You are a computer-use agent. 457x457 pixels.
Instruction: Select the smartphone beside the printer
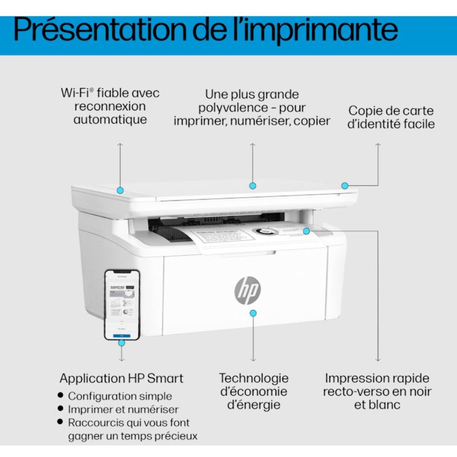[x=122, y=304]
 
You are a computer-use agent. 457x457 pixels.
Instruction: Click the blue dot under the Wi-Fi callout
[x=120, y=190]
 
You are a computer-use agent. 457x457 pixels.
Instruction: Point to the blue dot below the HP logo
[x=253, y=313]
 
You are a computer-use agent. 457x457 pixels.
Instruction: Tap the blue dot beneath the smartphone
[x=122, y=343]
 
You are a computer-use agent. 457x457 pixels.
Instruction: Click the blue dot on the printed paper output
[x=306, y=231]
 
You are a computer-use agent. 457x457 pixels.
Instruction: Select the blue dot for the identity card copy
[x=345, y=186]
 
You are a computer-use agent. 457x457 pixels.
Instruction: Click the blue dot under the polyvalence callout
[x=253, y=186]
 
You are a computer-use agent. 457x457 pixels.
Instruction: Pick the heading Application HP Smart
[x=121, y=379]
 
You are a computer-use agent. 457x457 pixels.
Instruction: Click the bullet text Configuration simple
[x=120, y=396]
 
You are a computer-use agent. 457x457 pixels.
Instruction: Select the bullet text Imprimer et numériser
[x=123, y=410]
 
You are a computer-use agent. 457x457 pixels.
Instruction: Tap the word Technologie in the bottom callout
[x=253, y=378]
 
